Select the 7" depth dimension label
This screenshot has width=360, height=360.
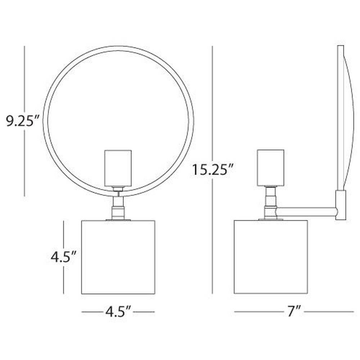click(293, 311)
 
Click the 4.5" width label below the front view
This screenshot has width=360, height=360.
click(118, 311)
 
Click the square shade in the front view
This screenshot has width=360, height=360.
click(118, 257)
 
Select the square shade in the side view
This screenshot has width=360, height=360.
click(271, 257)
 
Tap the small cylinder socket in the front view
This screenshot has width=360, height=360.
click(118, 168)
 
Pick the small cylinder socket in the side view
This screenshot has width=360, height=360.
click(271, 168)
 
